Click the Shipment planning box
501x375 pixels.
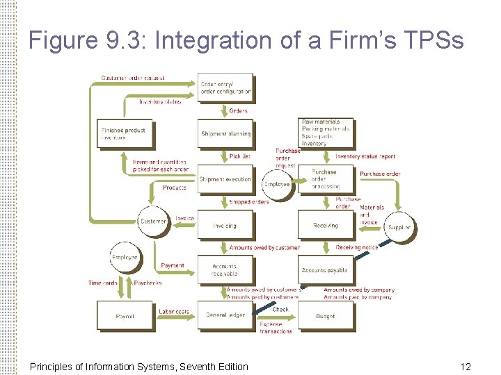click(225, 133)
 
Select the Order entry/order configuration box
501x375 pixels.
click(225, 88)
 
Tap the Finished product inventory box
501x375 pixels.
click(124, 133)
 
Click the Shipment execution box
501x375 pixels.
click(225, 179)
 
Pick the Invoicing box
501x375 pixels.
click(225, 225)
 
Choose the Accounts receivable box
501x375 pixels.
click(225, 269)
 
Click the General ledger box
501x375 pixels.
click(225, 315)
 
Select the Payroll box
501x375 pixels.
click(125, 315)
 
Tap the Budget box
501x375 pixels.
click(326, 315)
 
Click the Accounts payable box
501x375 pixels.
click(325, 270)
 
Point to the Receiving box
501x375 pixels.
click(326, 225)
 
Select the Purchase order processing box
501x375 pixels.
click(326, 179)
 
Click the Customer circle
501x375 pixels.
click(153, 222)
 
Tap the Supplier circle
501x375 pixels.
click(399, 226)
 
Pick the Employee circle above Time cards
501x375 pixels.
click(125, 257)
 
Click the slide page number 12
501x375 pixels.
click(465, 366)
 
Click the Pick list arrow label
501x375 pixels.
click(239, 156)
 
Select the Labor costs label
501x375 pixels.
click(173, 312)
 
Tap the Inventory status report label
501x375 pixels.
click(365, 156)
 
